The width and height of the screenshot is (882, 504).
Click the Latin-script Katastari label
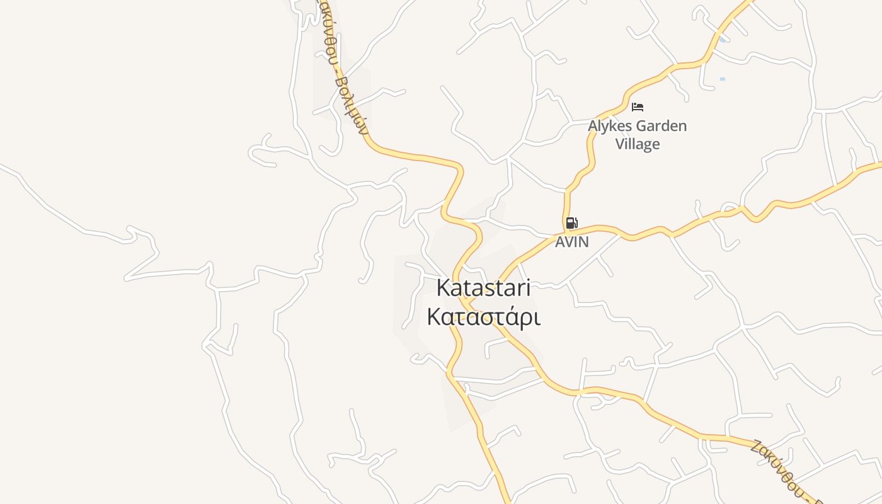[484, 288]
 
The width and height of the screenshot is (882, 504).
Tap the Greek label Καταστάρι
[484, 317]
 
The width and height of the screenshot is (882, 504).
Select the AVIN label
[571, 242]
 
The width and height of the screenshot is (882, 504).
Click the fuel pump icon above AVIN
[571, 222]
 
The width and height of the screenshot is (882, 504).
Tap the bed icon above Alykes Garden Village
[638, 106]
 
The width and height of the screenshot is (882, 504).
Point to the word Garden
[661, 126]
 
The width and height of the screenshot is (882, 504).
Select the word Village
[638, 144]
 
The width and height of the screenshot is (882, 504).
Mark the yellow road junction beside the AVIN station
[566, 229]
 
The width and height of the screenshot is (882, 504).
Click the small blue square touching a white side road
[722, 40]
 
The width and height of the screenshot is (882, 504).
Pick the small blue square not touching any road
[722, 79]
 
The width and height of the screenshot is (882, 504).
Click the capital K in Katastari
[443, 288]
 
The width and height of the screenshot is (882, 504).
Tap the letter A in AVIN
[559, 242]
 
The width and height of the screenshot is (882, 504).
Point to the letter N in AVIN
[584, 242]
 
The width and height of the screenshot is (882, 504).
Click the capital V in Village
[620, 144]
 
